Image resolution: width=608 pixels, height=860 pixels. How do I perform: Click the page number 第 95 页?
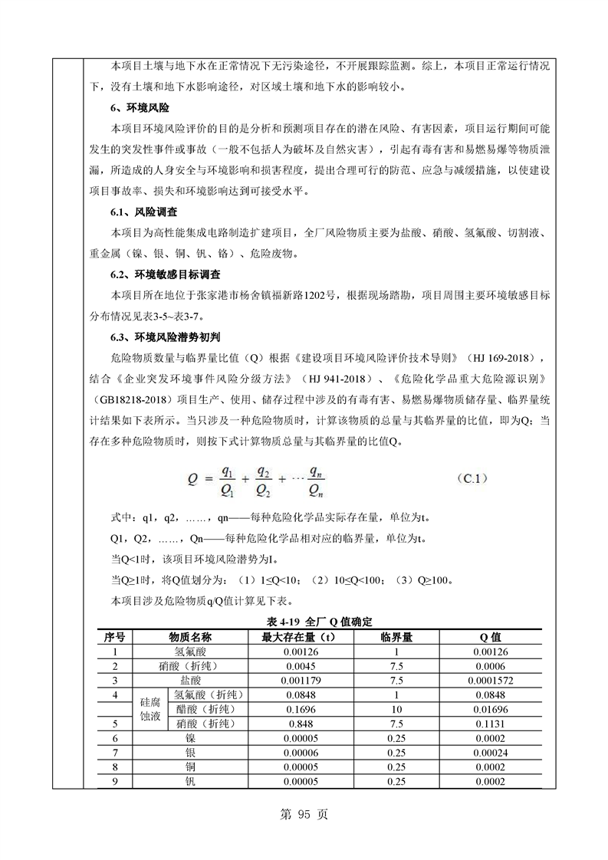[x=304, y=814]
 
